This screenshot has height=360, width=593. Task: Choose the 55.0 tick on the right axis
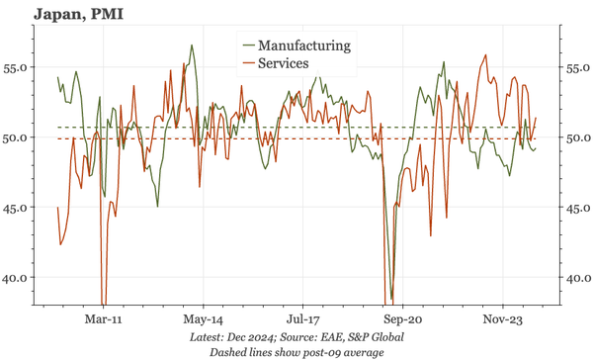click(x=576, y=68)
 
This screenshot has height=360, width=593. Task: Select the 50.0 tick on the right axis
click(x=576, y=138)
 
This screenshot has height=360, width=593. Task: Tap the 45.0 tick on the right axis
click(x=576, y=209)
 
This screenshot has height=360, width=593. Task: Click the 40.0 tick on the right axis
click(x=576, y=279)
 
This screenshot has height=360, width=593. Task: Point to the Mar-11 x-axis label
click(x=103, y=320)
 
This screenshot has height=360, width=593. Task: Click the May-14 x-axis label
click(x=203, y=320)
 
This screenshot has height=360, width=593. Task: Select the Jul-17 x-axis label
click(x=303, y=320)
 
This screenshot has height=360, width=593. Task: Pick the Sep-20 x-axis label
click(x=403, y=320)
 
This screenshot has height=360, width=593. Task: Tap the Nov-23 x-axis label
click(x=503, y=320)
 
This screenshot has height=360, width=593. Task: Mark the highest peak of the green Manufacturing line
click(x=192, y=45)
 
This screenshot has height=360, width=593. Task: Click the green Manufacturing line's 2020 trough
click(x=391, y=299)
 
